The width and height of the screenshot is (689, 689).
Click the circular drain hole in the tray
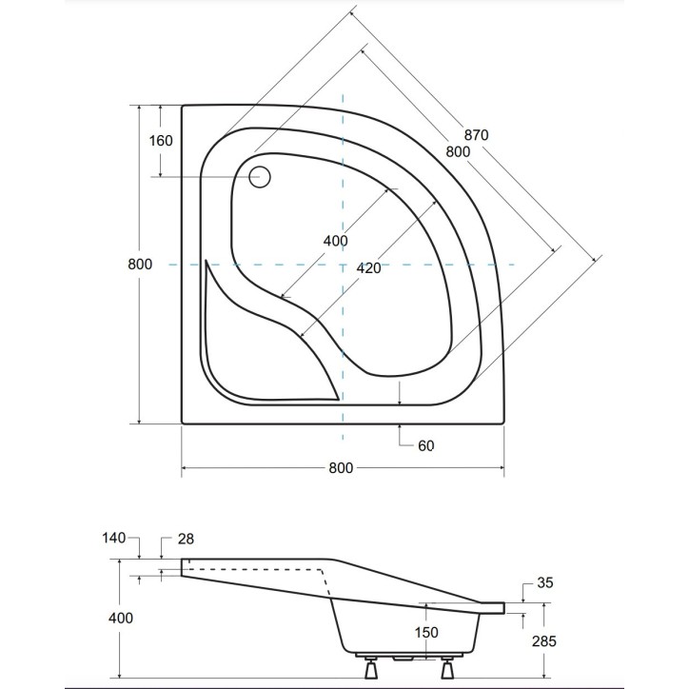point(260,176)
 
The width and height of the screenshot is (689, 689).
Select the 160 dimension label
point(161,141)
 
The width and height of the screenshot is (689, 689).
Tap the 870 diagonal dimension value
point(476,135)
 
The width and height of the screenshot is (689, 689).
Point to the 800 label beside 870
point(458,151)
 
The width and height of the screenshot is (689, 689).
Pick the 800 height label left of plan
point(139,265)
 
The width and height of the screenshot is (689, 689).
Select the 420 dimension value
point(368,268)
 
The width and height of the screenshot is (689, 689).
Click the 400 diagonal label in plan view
point(335,241)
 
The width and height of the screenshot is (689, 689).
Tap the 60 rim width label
point(424,445)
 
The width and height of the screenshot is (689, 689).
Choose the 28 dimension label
point(186,539)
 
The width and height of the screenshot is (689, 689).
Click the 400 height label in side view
point(121,618)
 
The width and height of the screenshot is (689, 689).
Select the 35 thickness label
point(545,582)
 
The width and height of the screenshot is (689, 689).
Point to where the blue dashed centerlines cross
point(343,264)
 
